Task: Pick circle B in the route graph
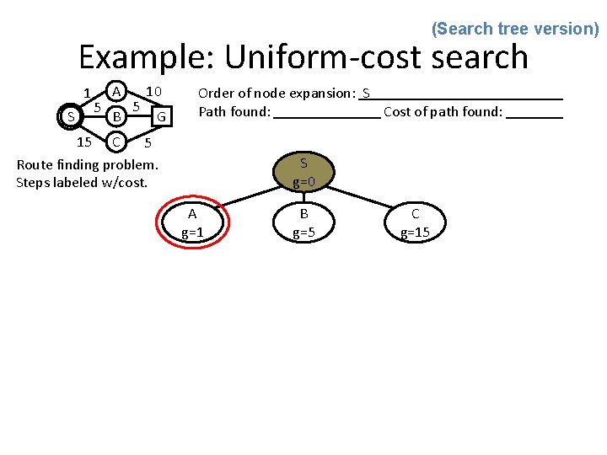(119, 115)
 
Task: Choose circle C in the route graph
(118, 139)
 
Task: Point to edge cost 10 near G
(153, 91)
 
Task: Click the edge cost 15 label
(83, 141)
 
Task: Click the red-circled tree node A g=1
(192, 223)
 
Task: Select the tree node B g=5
(303, 223)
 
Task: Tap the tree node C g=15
(415, 223)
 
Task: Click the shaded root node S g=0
(303, 172)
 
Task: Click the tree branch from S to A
(244, 191)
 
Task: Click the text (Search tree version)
(515, 29)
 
